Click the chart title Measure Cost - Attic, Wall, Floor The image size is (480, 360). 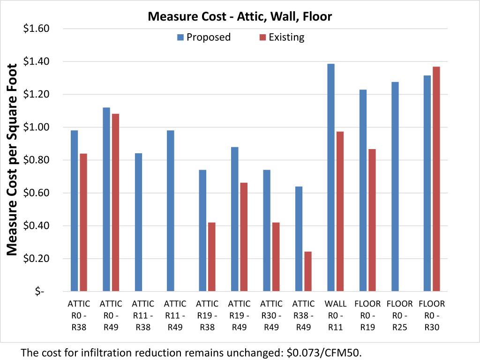240,17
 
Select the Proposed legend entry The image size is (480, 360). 204,37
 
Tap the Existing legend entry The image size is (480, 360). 282,37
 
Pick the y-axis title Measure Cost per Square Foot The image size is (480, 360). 13,160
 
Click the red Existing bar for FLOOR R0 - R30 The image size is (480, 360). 436,179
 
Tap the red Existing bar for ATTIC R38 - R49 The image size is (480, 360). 308,271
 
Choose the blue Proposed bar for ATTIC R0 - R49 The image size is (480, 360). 106,199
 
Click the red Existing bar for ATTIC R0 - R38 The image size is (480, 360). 83,222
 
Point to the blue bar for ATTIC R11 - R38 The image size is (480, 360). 138,222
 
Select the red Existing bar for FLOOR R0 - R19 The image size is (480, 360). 372,220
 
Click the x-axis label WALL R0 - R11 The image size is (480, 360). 335,315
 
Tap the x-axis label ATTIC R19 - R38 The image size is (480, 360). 207,315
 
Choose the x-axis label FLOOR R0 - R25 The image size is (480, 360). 399,315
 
